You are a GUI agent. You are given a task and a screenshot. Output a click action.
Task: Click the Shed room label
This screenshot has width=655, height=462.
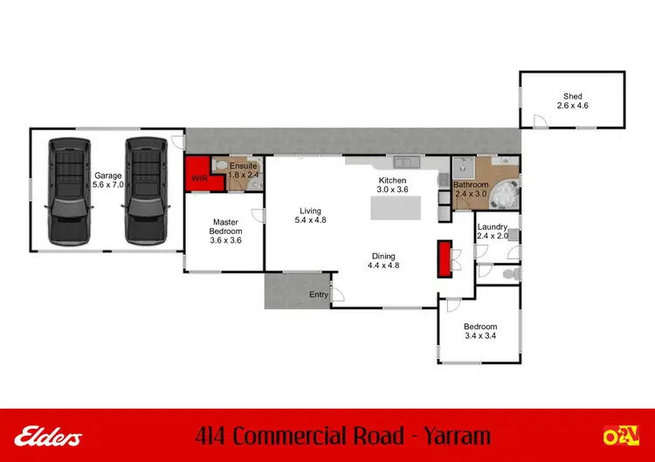point(572,101)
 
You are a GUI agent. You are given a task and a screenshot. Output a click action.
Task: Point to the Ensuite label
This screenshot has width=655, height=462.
point(244,170)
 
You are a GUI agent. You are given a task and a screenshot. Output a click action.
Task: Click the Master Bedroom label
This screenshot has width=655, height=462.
point(225,231)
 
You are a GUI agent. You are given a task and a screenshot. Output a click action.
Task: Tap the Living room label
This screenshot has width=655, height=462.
point(309,216)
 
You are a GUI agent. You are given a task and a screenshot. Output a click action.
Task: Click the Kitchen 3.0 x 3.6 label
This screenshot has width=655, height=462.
point(392,184)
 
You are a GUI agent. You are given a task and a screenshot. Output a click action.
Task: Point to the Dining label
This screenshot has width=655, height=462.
point(383,260)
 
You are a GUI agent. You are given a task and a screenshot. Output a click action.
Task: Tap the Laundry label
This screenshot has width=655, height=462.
point(493,231)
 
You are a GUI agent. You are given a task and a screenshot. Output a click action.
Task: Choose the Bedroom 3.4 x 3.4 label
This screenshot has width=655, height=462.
point(480,331)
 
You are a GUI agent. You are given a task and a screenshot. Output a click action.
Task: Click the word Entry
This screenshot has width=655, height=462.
point(319,295)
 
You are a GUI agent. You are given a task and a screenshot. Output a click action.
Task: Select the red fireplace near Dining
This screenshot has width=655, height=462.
point(444,257)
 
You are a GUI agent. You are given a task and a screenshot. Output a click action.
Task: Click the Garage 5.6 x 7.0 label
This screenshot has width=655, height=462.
point(108,180)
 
